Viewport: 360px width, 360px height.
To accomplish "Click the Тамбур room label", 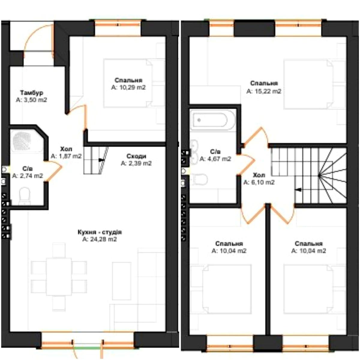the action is pos(31,93).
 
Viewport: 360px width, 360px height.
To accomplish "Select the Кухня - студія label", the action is pos(100,232).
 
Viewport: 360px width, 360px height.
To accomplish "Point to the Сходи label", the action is pos(136,156).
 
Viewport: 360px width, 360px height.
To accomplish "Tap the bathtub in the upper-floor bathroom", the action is pos(212,120).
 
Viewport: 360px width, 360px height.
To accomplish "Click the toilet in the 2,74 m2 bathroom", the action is pos(25,196).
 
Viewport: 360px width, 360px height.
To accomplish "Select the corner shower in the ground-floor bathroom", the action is pos(26,141).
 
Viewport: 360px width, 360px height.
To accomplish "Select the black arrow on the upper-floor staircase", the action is pos(298,190).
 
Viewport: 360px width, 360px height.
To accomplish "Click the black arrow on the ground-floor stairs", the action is pos(101,160).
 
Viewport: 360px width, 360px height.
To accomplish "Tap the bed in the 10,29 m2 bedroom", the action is pos(128,83).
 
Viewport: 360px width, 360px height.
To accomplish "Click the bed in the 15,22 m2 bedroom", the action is pos(308,84).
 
